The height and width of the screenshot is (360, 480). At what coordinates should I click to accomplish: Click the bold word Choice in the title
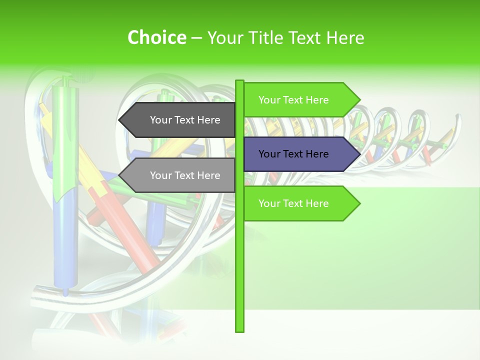(x=156, y=37)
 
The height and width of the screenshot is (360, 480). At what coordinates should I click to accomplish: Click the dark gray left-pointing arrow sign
(x=177, y=120)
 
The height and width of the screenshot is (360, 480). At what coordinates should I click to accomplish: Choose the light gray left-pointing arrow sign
(x=177, y=175)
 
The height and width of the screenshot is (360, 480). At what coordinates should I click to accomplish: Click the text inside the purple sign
(x=293, y=154)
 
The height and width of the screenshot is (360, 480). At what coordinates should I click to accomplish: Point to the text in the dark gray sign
(x=185, y=120)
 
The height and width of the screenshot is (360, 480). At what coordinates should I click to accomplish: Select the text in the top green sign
(x=293, y=100)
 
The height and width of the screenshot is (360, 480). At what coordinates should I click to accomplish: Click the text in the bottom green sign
(x=293, y=203)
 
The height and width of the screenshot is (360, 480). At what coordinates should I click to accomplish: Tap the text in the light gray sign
(x=185, y=175)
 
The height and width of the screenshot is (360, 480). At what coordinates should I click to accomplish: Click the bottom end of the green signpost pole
(x=239, y=330)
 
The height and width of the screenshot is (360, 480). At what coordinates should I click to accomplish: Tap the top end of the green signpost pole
(x=239, y=81)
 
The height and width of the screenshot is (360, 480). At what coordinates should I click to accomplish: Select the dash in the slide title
(x=196, y=38)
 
